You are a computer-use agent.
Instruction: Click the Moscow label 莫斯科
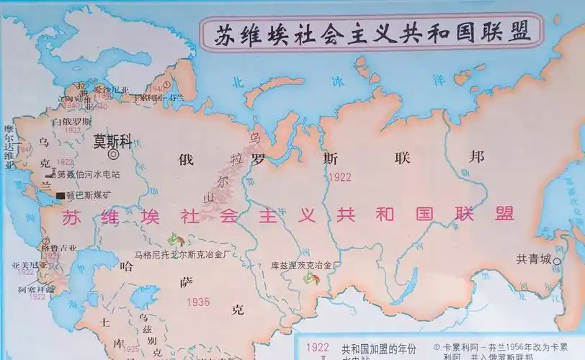tap(113, 143)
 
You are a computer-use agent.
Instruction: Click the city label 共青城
tap(533, 259)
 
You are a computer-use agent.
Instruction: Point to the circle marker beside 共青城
tap(562, 260)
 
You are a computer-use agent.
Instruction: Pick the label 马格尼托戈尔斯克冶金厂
tap(184, 253)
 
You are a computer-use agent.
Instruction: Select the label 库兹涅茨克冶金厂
tap(305, 265)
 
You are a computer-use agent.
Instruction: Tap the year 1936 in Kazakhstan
tap(197, 302)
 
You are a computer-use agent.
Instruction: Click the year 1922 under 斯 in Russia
tap(339, 176)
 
